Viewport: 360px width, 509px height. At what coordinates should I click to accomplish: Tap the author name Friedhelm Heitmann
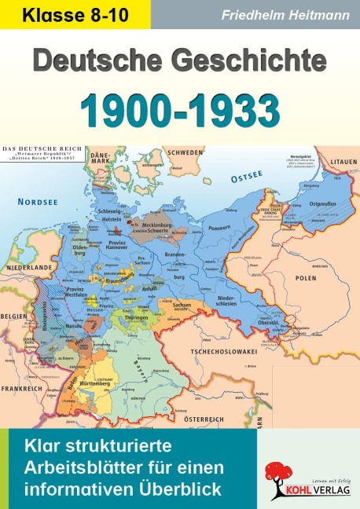[276, 14]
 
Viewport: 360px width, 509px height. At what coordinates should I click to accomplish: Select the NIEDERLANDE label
[24, 244]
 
